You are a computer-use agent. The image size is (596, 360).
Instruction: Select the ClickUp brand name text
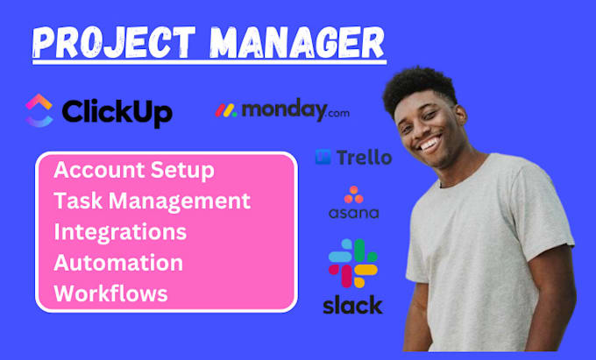click(x=116, y=111)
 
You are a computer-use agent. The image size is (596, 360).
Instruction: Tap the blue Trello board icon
click(x=323, y=158)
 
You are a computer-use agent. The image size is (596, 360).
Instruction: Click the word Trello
click(x=363, y=158)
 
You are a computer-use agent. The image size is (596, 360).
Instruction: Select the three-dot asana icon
click(x=354, y=194)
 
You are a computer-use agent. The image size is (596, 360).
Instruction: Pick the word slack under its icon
click(x=352, y=305)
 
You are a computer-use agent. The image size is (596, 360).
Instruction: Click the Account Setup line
click(x=133, y=169)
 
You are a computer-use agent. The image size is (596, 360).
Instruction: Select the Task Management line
click(x=152, y=201)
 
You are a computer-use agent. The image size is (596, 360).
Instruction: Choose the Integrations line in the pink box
click(x=120, y=232)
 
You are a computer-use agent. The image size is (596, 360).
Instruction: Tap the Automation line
click(x=118, y=263)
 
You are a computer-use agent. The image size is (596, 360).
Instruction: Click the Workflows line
click(x=110, y=293)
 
